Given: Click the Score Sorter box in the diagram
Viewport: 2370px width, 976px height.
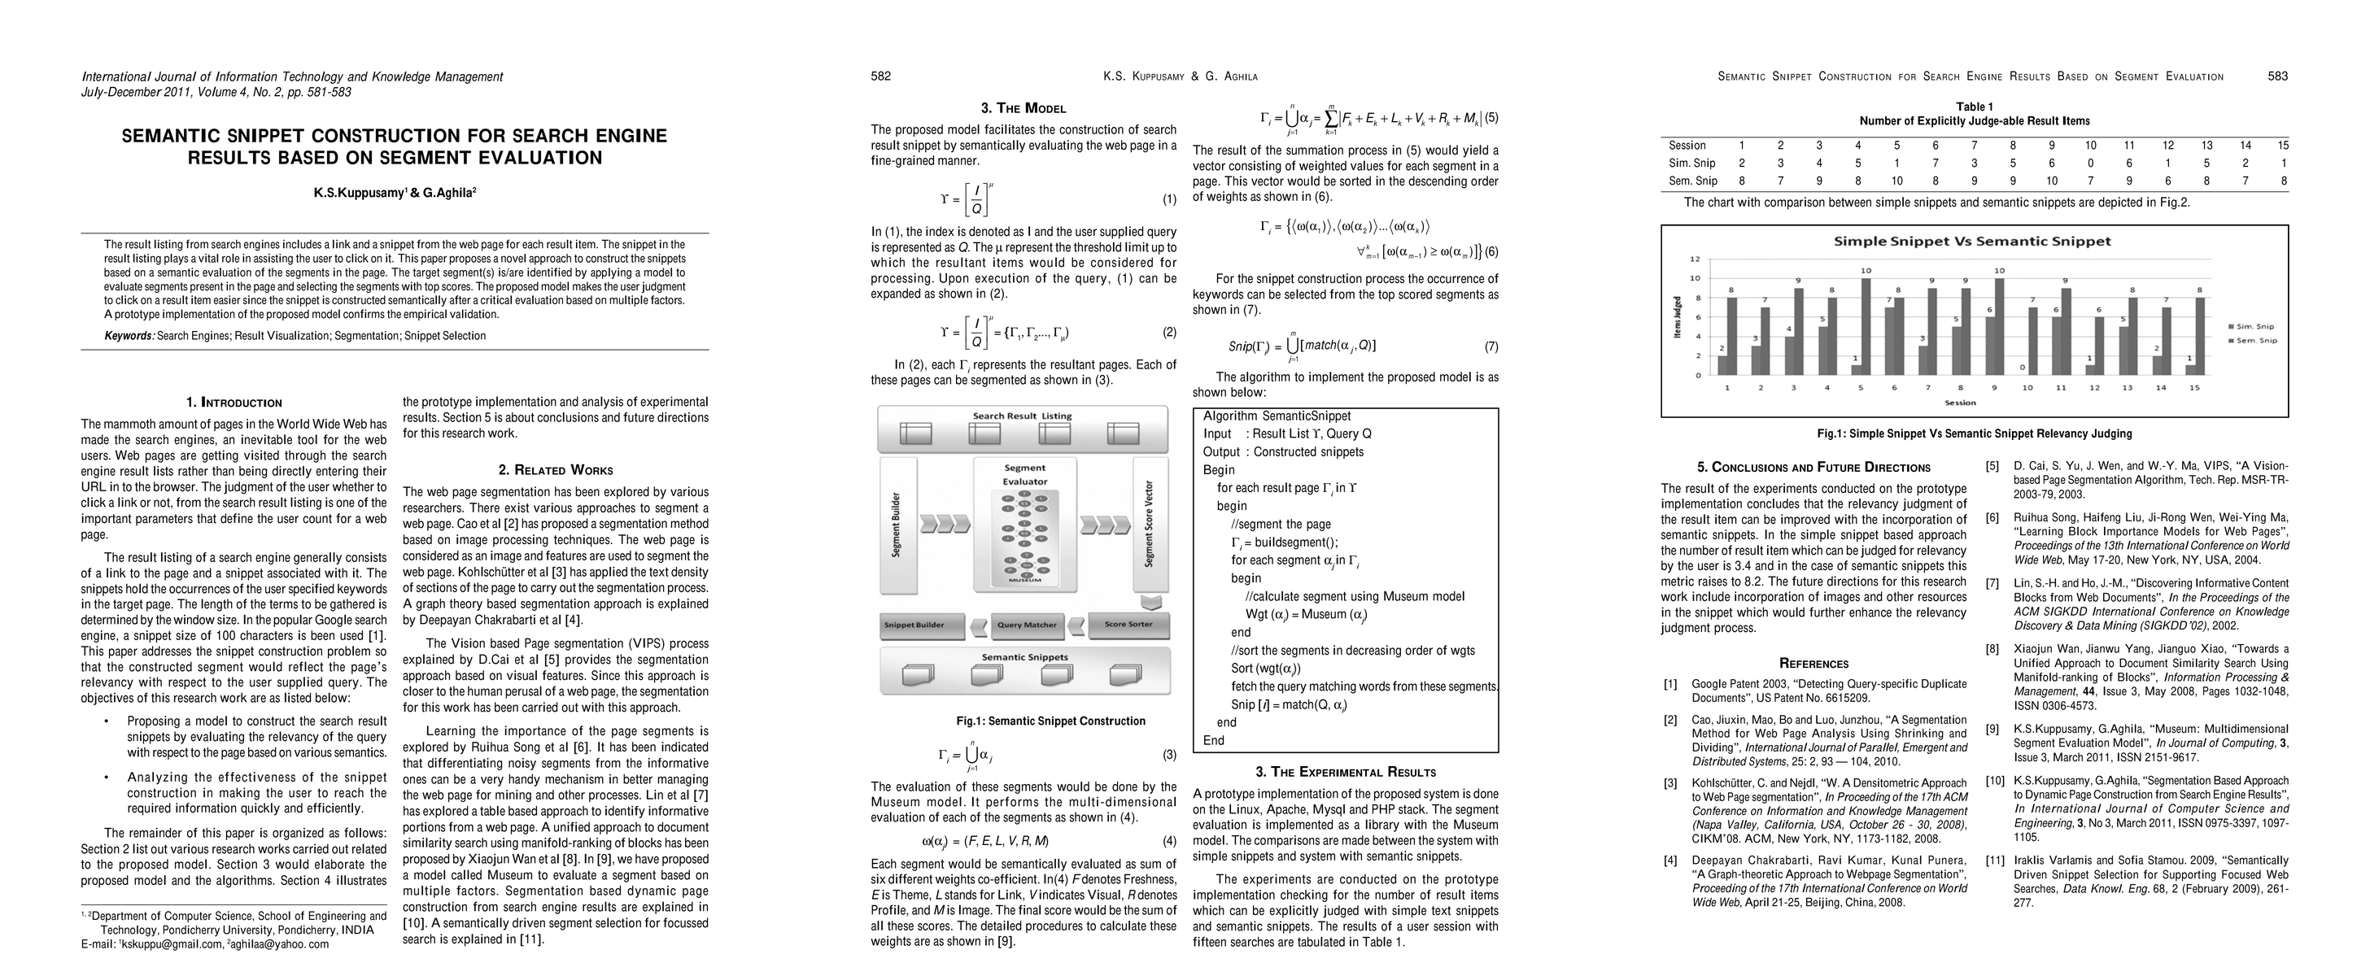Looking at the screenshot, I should [1128, 625].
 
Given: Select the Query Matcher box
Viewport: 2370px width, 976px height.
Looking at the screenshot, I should [1027, 625].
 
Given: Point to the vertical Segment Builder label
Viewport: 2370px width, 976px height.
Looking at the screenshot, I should [896, 525].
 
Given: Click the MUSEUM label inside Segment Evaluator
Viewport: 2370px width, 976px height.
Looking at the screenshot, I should [1025, 580].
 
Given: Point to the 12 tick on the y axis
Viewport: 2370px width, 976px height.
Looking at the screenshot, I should [1696, 259].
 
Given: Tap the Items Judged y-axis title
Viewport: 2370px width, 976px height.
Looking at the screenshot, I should [1677, 316].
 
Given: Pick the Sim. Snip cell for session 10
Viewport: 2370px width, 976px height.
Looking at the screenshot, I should [2090, 163].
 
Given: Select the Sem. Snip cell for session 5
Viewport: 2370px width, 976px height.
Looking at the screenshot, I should [1897, 181].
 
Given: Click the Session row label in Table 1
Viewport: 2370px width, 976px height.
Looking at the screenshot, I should [1687, 146].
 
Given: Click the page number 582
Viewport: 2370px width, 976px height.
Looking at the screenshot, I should [880, 76].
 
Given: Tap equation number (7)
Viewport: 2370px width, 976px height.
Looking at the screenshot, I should [1491, 346].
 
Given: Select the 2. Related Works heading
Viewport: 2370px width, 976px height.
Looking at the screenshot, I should [556, 470].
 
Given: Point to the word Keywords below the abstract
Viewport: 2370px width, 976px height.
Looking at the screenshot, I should [129, 336].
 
